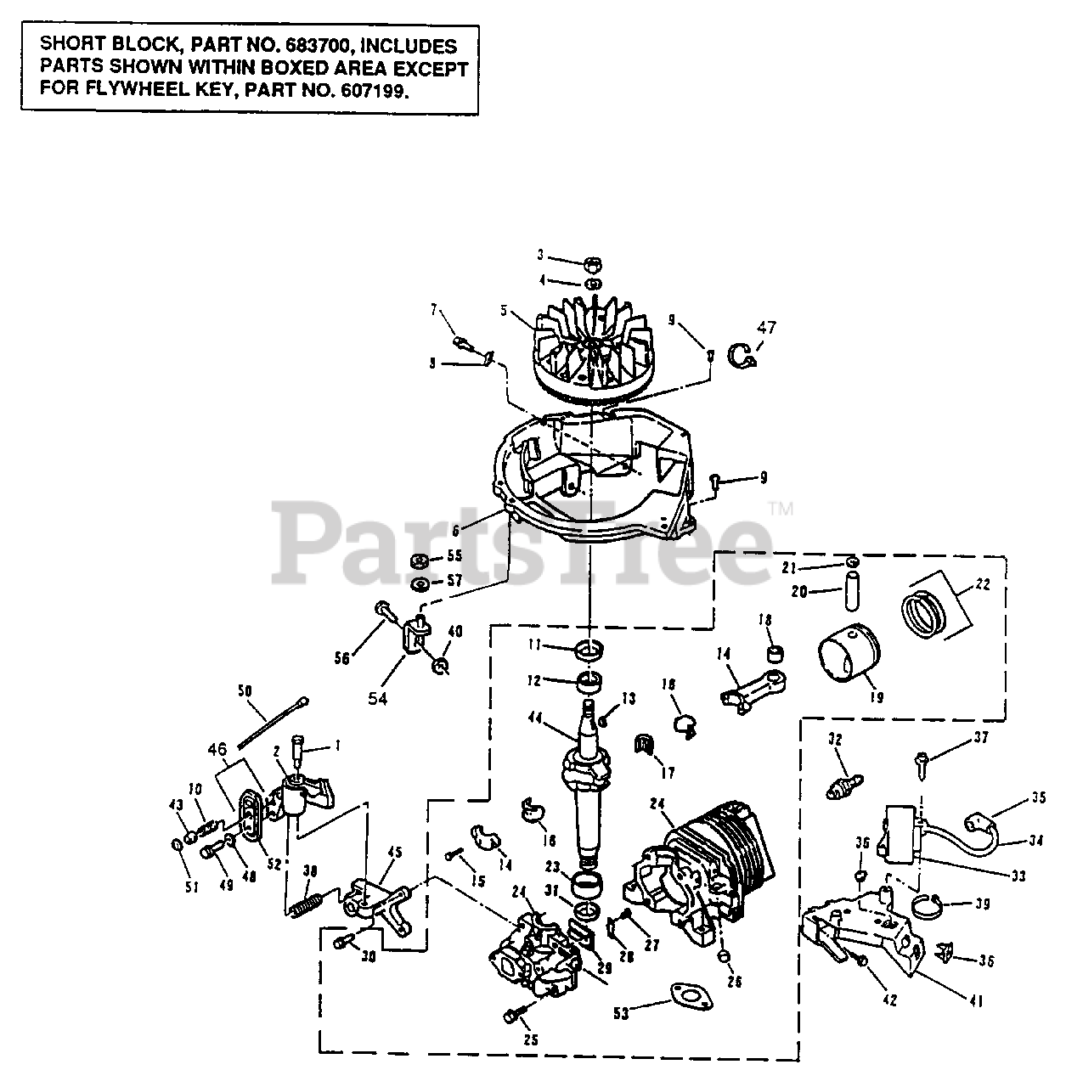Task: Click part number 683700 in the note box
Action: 274,46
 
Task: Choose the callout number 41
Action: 976,1001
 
